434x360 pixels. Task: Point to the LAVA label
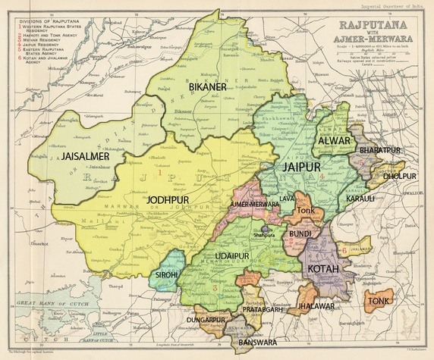[288, 199]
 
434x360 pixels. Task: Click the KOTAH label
[326, 269]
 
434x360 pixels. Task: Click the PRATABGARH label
[263, 310]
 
